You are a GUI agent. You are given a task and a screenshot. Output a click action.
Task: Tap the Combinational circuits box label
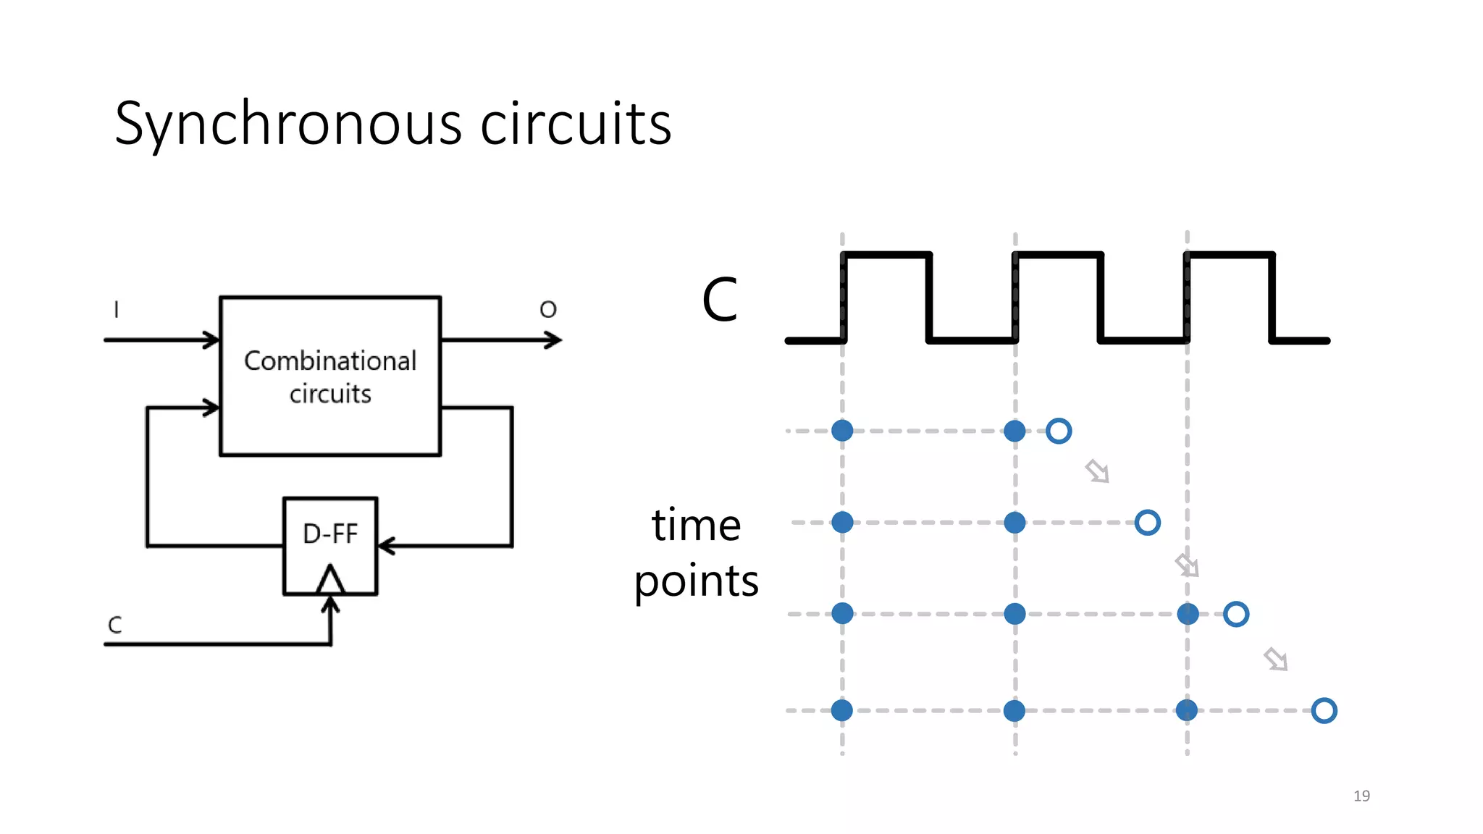coord(330,376)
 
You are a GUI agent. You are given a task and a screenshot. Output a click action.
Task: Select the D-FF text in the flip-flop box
coord(330,534)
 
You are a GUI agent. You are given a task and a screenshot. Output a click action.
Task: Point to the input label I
coord(116,310)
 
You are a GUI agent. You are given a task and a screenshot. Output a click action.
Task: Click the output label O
coord(548,310)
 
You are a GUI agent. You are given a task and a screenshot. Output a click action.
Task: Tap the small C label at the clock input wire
coord(115,625)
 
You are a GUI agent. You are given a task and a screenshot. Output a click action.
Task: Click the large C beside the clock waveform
coord(719,300)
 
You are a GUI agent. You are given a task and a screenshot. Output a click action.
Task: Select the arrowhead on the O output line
coord(554,340)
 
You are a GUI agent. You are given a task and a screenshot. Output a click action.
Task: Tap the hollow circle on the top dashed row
coord(1059,431)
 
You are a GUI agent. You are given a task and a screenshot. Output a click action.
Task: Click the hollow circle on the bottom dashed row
coord(1324,710)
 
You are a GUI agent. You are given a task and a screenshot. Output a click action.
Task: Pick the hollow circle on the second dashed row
coord(1148,522)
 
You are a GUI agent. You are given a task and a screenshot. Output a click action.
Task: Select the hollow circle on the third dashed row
coord(1236,614)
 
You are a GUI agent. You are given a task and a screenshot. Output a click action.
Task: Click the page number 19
coord(1361,796)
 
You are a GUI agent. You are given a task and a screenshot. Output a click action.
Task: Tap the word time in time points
coord(696,525)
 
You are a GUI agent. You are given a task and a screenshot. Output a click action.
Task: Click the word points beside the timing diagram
coord(696,581)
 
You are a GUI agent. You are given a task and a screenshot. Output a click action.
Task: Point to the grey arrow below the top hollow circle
coord(1098,471)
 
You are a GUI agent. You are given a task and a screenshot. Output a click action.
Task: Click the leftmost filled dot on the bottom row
coord(842,710)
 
